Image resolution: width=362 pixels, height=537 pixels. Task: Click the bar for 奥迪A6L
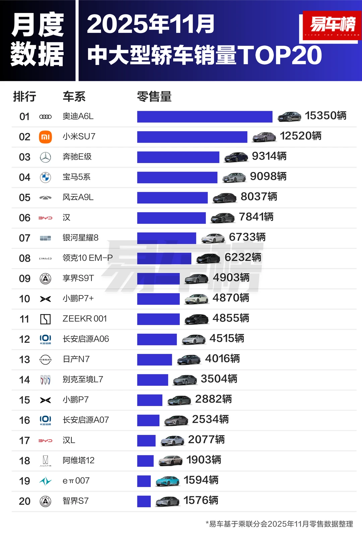point(204,117)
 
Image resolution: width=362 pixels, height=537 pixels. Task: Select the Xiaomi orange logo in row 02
point(45,137)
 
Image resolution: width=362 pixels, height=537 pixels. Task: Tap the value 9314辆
point(269,156)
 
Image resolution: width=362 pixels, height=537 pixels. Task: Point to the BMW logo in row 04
point(45,177)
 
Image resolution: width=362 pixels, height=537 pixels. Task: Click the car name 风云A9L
point(78,197)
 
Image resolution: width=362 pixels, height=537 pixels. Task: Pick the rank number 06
point(24,218)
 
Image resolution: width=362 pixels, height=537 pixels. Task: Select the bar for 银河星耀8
point(166,238)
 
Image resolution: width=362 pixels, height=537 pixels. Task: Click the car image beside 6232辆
point(208,258)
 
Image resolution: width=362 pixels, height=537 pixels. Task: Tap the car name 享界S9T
point(78,278)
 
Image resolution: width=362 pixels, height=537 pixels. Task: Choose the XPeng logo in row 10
point(45,299)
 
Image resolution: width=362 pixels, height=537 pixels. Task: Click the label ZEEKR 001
point(84,319)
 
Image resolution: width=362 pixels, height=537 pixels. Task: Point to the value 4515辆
point(227,338)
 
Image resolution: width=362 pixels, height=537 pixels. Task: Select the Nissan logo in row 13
point(45,360)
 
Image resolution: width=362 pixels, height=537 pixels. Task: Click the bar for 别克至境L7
point(153,380)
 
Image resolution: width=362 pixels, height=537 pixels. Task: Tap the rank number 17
point(24,441)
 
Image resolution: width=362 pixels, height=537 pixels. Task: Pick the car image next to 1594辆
point(168,481)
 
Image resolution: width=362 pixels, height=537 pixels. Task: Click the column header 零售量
point(154,96)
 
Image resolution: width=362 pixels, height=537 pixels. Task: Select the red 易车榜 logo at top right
point(332,25)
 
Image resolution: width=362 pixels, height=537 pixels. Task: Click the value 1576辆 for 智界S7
point(201,501)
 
